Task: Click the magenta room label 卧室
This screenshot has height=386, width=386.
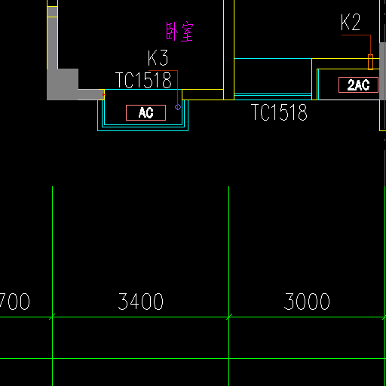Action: (179, 32)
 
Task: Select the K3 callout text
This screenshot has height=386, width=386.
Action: (158, 58)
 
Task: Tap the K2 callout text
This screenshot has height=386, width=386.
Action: (351, 23)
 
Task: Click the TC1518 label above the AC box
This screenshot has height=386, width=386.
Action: (143, 80)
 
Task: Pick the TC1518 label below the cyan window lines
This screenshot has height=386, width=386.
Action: (279, 112)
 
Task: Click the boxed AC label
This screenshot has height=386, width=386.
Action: (146, 112)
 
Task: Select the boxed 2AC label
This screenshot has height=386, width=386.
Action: (358, 85)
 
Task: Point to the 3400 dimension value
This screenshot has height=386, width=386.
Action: (141, 302)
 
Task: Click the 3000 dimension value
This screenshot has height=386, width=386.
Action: (307, 302)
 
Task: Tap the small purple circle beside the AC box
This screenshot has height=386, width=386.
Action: (178, 107)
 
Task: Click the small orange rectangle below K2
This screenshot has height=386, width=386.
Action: (370, 62)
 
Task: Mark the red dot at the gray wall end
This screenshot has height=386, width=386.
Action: (104, 95)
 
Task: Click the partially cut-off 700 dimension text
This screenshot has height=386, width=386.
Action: (14, 302)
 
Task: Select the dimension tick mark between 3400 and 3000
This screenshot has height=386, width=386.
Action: (229, 317)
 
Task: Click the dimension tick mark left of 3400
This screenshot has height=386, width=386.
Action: (52, 317)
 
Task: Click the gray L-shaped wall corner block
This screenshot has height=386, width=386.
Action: (63, 84)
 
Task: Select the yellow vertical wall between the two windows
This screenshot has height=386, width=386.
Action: (228, 50)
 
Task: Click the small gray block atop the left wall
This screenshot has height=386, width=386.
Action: (52, 11)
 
